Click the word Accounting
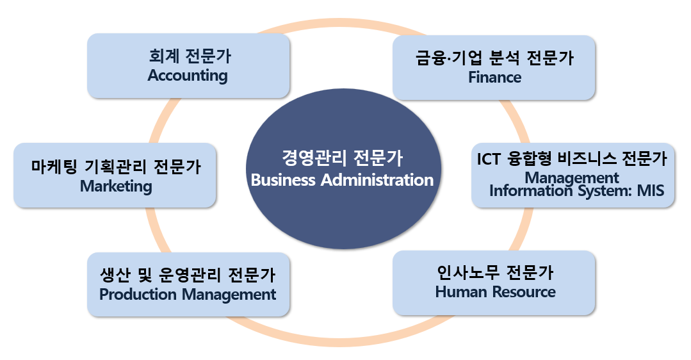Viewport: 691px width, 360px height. pyautogui.click(x=188, y=76)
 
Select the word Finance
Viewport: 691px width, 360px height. pyautogui.click(x=494, y=78)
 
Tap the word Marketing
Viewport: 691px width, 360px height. pyautogui.click(x=116, y=186)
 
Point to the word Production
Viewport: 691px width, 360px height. pyautogui.click(x=138, y=295)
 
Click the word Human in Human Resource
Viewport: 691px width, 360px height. pyautogui.click(x=457, y=292)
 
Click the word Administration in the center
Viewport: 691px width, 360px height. pyautogui.click(x=377, y=180)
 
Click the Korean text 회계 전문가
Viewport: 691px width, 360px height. pyautogui.click(x=189, y=56)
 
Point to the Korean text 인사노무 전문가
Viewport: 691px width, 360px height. pyautogui.click(x=494, y=272)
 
